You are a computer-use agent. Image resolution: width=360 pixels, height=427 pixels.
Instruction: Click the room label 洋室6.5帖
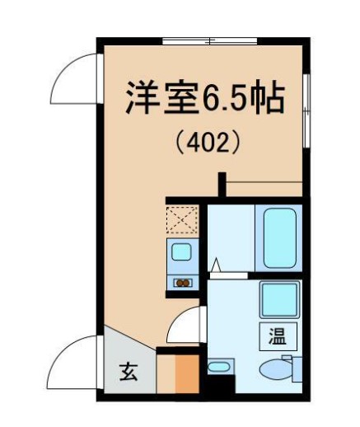click(x=204, y=97)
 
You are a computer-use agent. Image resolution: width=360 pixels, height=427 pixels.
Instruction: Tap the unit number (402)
click(x=208, y=143)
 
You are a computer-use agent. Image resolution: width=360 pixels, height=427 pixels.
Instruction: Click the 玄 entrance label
click(x=129, y=372)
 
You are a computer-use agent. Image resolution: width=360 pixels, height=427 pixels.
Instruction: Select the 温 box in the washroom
click(x=278, y=336)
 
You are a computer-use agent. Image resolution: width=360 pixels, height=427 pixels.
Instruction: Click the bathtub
click(x=279, y=238)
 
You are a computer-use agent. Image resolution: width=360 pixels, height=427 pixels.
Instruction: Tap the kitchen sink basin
click(x=181, y=251)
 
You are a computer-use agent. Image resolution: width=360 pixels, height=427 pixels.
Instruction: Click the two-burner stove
click(x=183, y=283)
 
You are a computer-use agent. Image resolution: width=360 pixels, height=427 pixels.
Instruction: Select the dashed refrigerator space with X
click(x=182, y=220)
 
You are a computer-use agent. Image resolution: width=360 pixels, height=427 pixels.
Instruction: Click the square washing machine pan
click(x=279, y=299)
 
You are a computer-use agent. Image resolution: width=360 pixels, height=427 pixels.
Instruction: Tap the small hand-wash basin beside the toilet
click(x=218, y=367)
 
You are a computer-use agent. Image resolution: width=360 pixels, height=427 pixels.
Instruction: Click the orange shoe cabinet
click(x=187, y=374)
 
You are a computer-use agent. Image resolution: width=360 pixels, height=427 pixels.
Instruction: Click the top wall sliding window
click(x=210, y=41)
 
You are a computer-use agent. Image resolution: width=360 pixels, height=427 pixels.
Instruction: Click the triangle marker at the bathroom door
click(x=216, y=265)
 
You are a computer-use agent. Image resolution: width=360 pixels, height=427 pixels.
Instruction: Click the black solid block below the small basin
click(x=221, y=384)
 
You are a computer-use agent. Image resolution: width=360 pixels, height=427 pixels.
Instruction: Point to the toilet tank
click(x=297, y=368)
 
